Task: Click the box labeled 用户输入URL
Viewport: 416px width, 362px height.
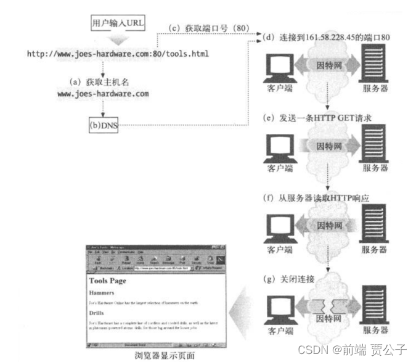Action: [x=116, y=23]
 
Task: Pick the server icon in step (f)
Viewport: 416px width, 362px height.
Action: [x=374, y=226]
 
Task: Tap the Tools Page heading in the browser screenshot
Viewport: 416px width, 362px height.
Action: [x=107, y=281]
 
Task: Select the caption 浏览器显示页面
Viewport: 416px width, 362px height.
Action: [x=164, y=355]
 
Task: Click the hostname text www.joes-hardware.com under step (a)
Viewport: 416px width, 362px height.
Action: [x=103, y=94]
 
